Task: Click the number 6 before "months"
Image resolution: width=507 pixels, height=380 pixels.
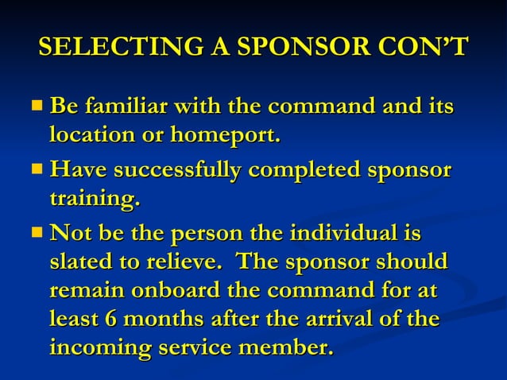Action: (x=110, y=320)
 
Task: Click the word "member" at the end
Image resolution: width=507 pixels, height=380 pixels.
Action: (x=286, y=348)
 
